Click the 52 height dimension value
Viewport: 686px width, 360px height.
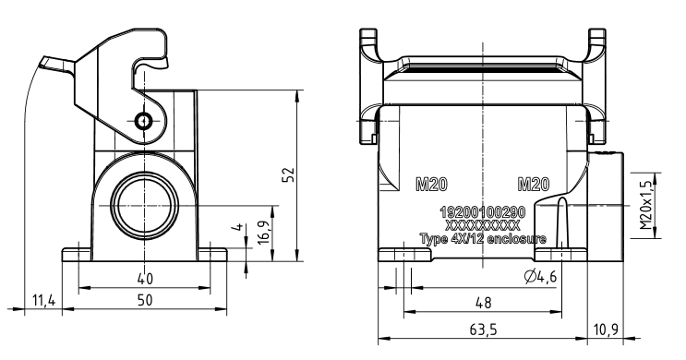(x=289, y=175)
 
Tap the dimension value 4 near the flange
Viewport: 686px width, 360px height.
(x=238, y=227)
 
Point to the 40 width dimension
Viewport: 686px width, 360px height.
(x=145, y=278)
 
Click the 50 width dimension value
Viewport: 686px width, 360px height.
(x=145, y=300)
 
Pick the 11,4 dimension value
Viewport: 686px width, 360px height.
(x=43, y=301)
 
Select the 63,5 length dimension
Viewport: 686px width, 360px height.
(x=483, y=329)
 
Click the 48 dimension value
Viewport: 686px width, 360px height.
(x=483, y=303)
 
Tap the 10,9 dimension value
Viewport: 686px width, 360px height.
(x=606, y=329)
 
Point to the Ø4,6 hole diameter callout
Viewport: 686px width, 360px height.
(x=540, y=276)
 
